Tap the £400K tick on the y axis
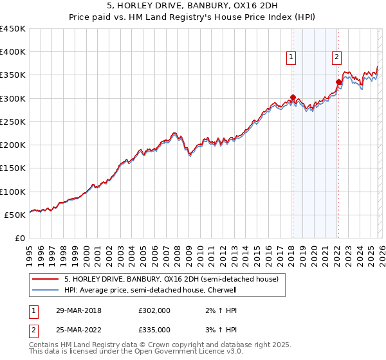click(x=13, y=52)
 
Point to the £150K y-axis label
click(x=13, y=168)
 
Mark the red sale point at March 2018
click(x=293, y=98)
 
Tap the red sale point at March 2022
click(x=338, y=82)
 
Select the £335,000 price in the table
click(x=154, y=329)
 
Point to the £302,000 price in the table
click(x=154, y=310)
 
